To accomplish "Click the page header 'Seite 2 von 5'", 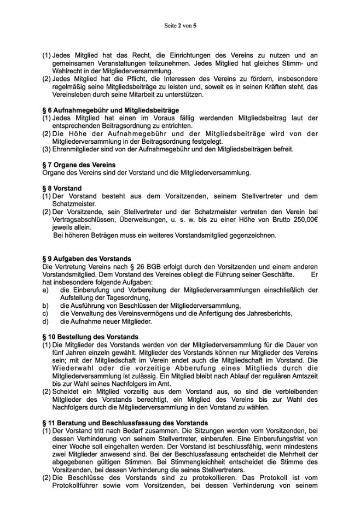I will point(180,25).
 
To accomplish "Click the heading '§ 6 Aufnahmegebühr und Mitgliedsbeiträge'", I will point(103,110).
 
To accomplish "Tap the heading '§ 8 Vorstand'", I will point(62,188).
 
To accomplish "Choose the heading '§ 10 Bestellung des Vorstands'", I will point(90,337).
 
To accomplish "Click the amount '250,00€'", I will point(303,220).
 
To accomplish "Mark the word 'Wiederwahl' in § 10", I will point(68,368).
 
